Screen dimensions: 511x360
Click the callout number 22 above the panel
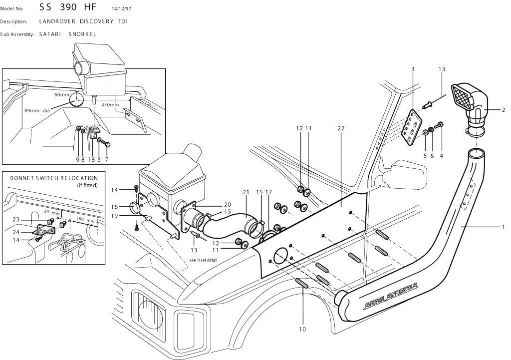tap(341, 128)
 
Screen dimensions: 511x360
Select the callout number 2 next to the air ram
tap(503, 110)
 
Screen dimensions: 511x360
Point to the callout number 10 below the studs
tap(302, 330)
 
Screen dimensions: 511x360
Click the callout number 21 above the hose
tap(246, 192)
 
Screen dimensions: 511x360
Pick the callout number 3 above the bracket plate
tap(413, 69)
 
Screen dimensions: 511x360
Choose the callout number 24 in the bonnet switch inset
tap(16, 232)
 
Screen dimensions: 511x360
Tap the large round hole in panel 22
tap(281, 256)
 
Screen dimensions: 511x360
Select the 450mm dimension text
tap(110, 105)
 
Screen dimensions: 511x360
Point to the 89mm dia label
tap(37, 110)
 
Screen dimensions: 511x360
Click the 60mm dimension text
tap(61, 95)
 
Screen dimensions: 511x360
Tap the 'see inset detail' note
tap(203, 260)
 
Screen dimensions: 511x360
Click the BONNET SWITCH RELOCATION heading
tap(54, 178)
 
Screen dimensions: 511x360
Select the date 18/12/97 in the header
tap(121, 9)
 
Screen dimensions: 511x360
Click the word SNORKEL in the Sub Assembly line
tap(82, 34)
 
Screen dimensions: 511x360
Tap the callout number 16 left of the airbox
tap(114, 207)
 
